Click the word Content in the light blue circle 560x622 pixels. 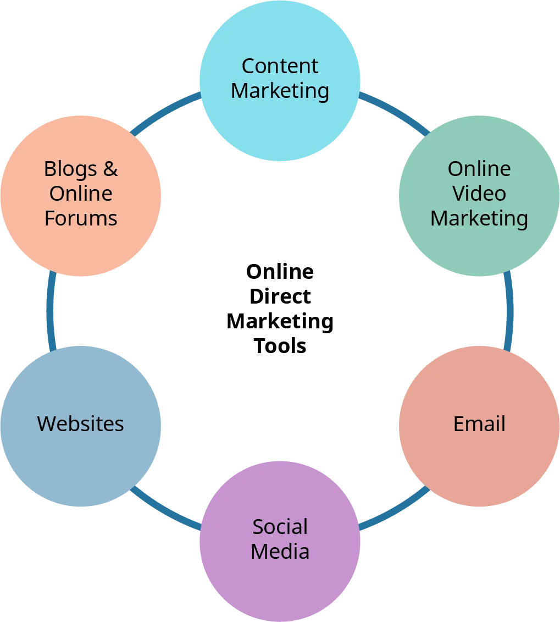[x=280, y=67]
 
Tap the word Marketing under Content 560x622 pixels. [x=280, y=91]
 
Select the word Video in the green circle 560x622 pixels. [x=479, y=194]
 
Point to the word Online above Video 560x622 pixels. [x=479, y=169]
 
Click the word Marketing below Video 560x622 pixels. [x=479, y=218]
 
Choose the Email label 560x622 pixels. [x=479, y=424]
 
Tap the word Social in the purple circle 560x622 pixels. [x=280, y=527]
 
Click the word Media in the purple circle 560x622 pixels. [x=280, y=552]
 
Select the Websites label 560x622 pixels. [x=81, y=424]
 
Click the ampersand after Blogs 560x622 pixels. [x=110, y=169]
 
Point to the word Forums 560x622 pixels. [x=81, y=218]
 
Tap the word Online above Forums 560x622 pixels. [x=81, y=194]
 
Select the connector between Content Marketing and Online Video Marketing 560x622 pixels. [x=394, y=113]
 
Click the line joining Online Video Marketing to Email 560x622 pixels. [x=508, y=311]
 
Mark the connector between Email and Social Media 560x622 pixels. [x=394, y=509]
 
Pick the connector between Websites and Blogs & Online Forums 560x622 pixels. [x=51, y=311]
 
